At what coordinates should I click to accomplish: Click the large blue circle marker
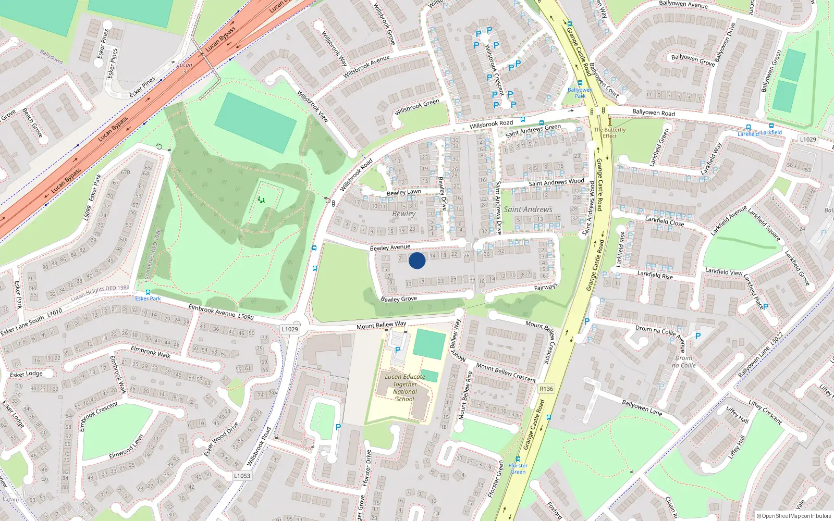pyautogui.click(x=417, y=260)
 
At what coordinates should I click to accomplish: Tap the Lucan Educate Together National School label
pyautogui.click(x=405, y=388)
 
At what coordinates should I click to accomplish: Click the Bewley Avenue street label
pyautogui.click(x=390, y=247)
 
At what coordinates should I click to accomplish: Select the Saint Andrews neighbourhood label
pyautogui.click(x=528, y=209)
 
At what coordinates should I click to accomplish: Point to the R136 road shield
pyautogui.click(x=546, y=389)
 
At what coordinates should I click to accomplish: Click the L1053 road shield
pyautogui.click(x=242, y=476)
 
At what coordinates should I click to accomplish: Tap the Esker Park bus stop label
pyautogui.click(x=148, y=299)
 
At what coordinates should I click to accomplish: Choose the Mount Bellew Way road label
pyautogui.click(x=381, y=325)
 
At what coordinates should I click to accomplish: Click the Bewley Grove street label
pyautogui.click(x=399, y=299)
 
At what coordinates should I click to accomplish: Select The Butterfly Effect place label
pyautogui.click(x=609, y=133)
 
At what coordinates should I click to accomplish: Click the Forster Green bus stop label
pyautogui.click(x=518, y=469)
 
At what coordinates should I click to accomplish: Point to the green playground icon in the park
pyautogui.click(x=261, y=200)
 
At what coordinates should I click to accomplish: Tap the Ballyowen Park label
pyautogui.click(x=580, y=93)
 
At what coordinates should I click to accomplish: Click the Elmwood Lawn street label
pyautogui.click(x=126, y=448)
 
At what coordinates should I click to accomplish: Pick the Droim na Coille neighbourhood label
pyautogui.click(x=684, y=362)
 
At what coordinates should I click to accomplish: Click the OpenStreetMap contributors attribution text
pyautogui.click(x=794, y=516)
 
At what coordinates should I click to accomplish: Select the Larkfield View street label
pyautogui.click(x=723, y=271)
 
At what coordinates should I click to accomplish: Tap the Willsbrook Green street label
pyautogui.click(x=417, y=107)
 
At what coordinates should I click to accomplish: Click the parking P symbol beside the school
pyautogui.click(x=398, y=350)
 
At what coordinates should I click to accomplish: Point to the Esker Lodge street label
pyautogui.click(x=26, y=374)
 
